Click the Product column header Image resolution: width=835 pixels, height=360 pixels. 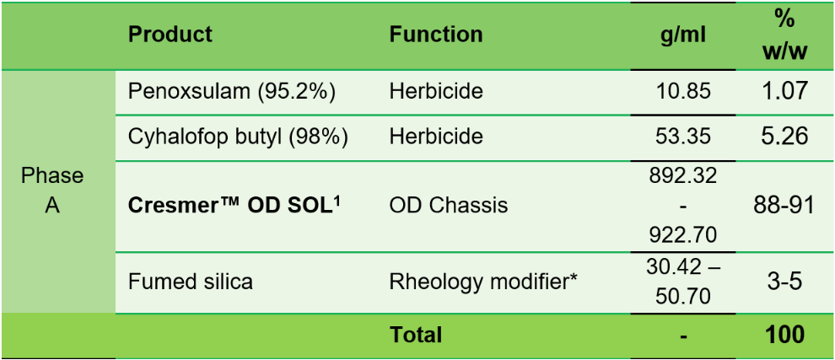coord(170,35)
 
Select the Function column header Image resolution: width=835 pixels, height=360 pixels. coord(436,35)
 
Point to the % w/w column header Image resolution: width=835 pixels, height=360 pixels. coord(785,35)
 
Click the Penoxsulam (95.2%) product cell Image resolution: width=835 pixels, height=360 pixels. coord(232,91)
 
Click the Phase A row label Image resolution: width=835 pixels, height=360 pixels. coord(52,190)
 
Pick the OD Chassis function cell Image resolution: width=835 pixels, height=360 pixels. coord(449,205)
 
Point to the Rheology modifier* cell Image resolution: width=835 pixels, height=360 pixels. coord(483,281)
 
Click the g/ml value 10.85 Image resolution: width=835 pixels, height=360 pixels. coord(683,91)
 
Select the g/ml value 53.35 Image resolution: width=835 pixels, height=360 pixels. coord(683,136)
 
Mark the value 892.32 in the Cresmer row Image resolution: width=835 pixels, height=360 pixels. coord(683,176)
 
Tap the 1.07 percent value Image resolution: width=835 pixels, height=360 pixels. coord(785,90)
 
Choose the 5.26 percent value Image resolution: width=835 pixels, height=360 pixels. coord(785,136)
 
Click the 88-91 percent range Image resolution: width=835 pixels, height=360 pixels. coord(785,205)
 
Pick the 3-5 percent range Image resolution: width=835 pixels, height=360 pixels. coord(785,281)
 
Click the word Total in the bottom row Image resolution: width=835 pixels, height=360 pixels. coord(416,335)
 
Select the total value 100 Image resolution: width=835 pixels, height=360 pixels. coord(785,335)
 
